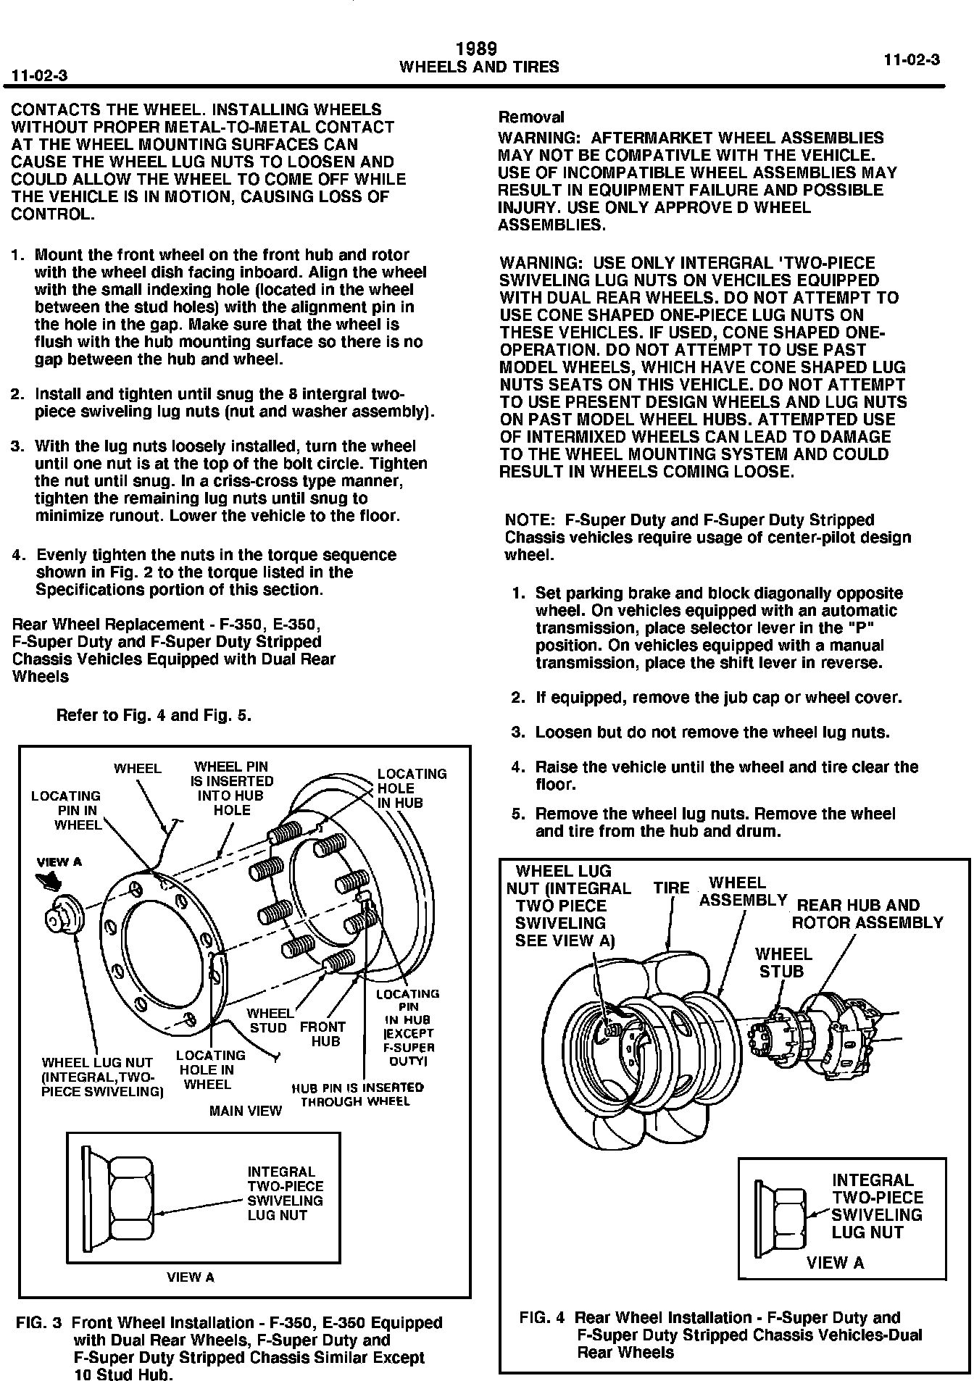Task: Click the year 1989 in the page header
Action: click(x=477, y=49)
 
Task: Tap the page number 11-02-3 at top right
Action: click(x=912, y=60)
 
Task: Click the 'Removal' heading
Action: click(x=531, y=117)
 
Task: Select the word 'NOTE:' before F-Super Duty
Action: click(x=529, y=520)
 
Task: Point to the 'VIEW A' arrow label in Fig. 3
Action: click(x=59, y=862)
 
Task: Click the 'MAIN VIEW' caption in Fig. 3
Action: click(x=245, y=1111)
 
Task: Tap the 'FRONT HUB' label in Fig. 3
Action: click(x=323, y=1034)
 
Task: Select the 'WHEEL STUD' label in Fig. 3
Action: click(x=269, y=1020)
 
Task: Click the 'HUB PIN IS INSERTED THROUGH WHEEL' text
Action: click(x=357, y=1095)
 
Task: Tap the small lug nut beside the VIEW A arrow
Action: click(x=64, y=914)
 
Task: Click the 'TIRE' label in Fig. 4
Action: click(x=671, y=888)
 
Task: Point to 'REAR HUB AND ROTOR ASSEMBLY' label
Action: click(x=867, y=914)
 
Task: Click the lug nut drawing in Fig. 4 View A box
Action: click(x=781, y=1215)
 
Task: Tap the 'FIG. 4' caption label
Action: click(x=544, y=1318)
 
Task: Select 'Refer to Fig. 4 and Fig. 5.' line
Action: click(x=154, y=716)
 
